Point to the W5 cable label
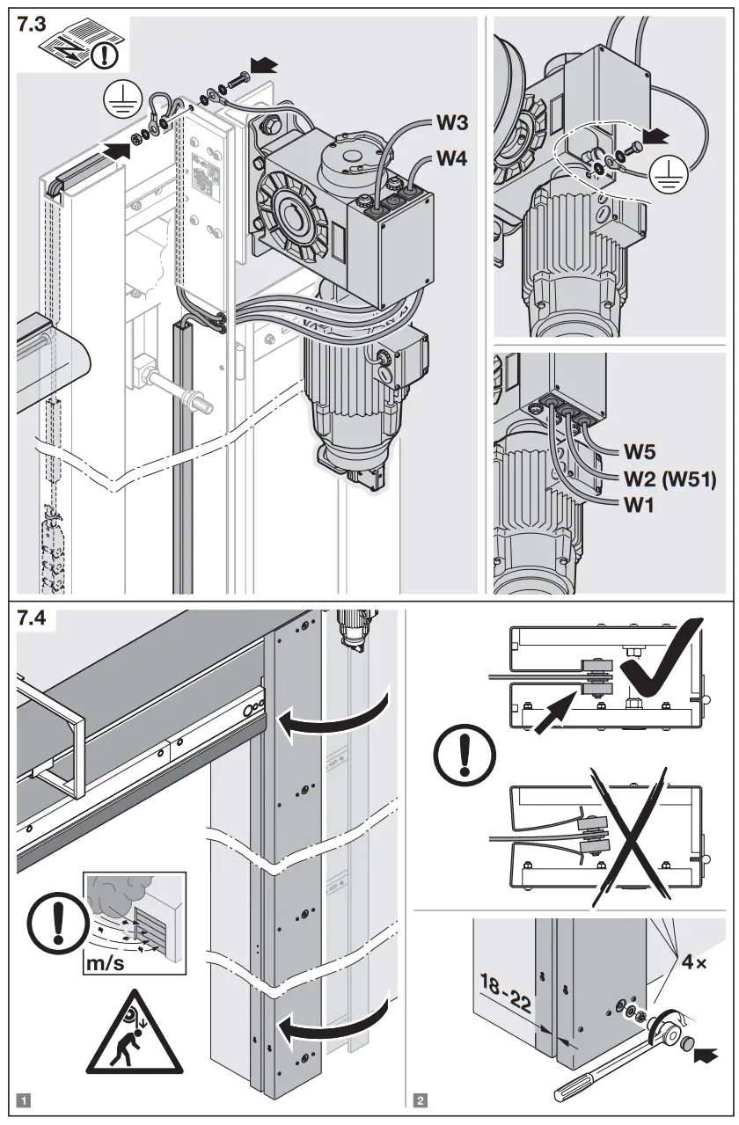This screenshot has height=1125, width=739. [x=640, y=452]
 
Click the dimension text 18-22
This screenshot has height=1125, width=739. [x=508, y=996]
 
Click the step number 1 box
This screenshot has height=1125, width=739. [x=25, y=1099]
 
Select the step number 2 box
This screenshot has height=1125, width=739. [x=421, y=1099]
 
